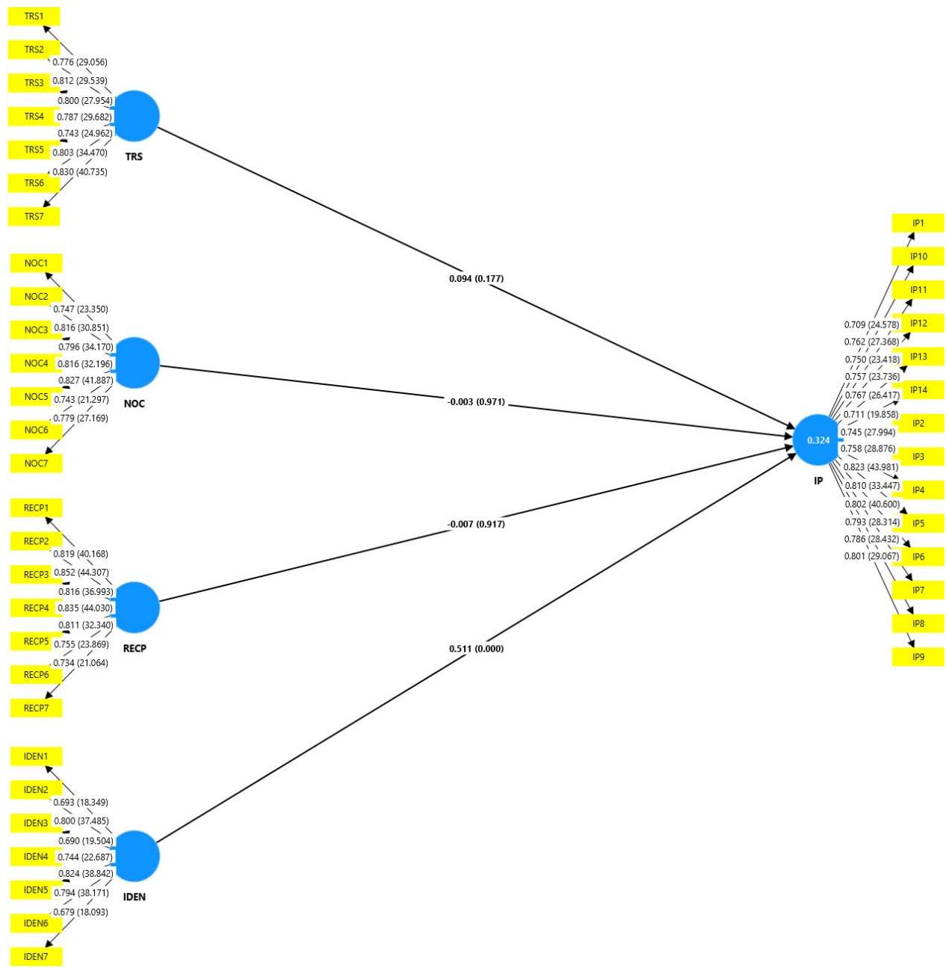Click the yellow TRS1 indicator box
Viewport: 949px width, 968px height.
[34, 16]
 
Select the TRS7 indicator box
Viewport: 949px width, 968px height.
[34, 216]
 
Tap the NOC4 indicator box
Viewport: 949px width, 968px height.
[36, 363]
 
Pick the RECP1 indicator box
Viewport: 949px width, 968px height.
[36, 508]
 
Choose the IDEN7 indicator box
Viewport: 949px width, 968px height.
[36, 956]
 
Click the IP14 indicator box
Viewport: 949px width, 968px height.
[918, 389]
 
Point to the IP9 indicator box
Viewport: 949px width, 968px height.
[918, 657]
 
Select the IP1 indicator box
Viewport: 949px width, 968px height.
[918, 223]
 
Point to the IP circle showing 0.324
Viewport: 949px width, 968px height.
[818, 440]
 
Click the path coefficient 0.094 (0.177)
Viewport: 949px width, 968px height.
[476, 279]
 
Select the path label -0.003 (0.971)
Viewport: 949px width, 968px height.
[476, 402]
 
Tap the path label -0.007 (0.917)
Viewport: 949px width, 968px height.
[476, 524]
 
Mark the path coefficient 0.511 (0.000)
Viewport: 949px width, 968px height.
[476, 649]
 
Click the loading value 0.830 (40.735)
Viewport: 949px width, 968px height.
[79, 172]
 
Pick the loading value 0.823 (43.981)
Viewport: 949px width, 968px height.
[871, 467]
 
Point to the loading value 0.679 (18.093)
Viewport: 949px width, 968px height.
[80, 912]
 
